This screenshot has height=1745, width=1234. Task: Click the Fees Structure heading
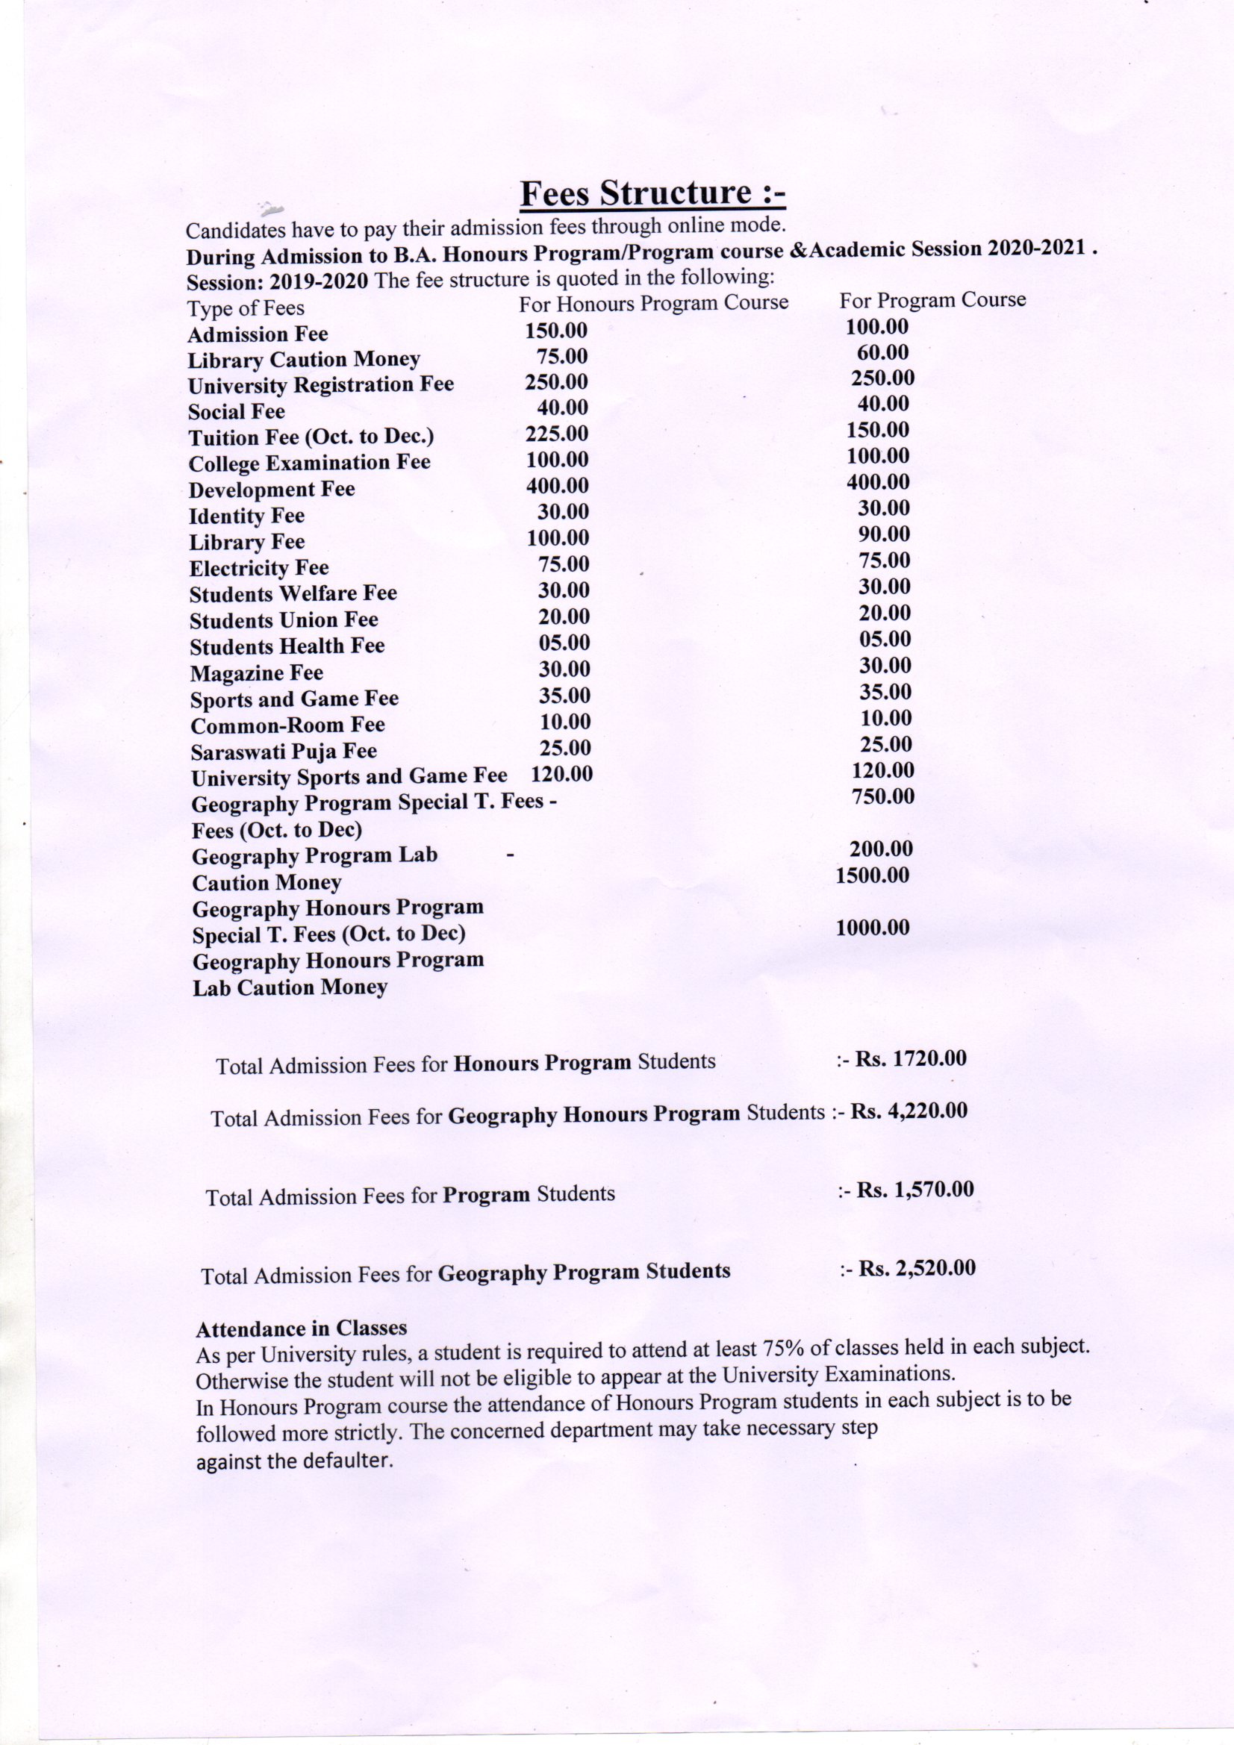(x=652, y=193)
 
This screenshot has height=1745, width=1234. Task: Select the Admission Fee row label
(x=258, y=334)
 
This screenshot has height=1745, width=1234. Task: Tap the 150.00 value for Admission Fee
(x=556, y=331)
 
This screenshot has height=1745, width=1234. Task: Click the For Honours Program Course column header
(x=653, y=303)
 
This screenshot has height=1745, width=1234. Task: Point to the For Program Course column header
(x=932, y=300)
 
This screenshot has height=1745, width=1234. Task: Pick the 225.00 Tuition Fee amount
(x=557, y=434)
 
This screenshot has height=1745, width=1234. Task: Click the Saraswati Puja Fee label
(x=284, y=752)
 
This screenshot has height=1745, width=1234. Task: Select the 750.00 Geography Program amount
(x=882, y=796)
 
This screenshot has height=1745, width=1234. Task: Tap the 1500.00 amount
(x=872, y=875)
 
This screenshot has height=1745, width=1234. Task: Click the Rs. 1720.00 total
(x=910, y=1058)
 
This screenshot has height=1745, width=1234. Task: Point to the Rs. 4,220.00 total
(x=909, y=1111)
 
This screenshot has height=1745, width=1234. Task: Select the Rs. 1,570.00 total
(x=914, y=1190)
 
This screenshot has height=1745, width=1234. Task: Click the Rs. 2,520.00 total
(x=917, y=1268)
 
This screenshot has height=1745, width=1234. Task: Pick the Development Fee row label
(x=272, y=490)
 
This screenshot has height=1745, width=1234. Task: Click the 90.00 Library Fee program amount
(x=882, y=534)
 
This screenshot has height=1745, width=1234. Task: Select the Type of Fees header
(x=246, y=308)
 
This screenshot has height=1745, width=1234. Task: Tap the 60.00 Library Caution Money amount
(x=882, y=352)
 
